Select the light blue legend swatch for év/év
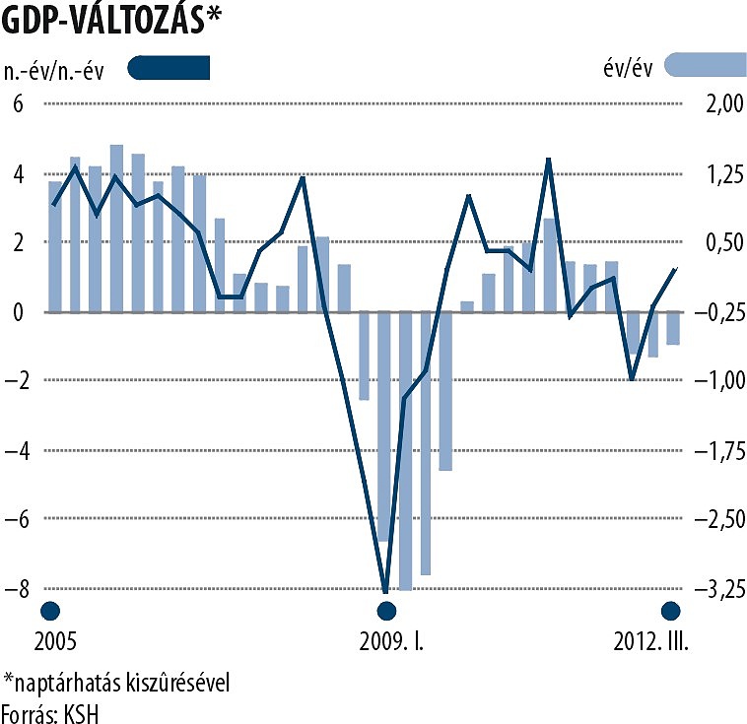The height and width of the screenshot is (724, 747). pyautogui.click(x=705, y=66)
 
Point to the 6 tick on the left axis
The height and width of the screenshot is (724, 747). pyautogui.click(x=17, y=105)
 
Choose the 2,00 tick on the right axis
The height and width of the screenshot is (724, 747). pyautogui.click(x=713, y=105)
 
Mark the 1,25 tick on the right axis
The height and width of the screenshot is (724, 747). pyautogui.click(x=713, y=174)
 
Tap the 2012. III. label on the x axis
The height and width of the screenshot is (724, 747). pyautogui.click(x=649, y=641)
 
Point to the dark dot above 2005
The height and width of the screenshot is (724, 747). pyautogui.click(x=49, y=611)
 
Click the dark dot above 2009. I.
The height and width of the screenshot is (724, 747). pyautogui.click(x=386, y=611)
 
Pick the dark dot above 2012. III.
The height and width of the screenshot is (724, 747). pyautogui.click(x=671, y=611)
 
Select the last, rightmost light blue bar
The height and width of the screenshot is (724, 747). pyautogui.click(x=673, y=328)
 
